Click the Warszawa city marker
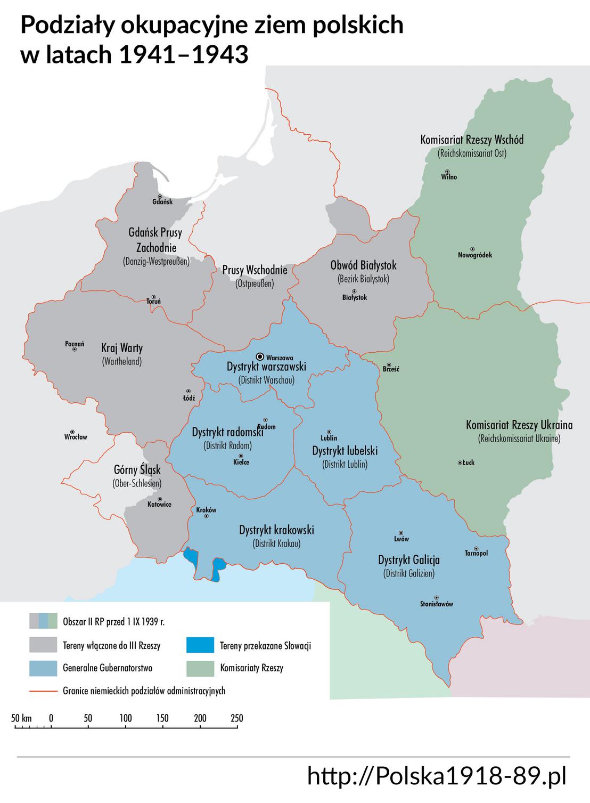pyautogui.click(x=260, y=356)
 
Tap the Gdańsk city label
pyautogui.click(x=162, y=202)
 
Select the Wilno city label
pyautogui.click(x=449, y=177)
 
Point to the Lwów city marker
pyautogui.click(x=401, y=532)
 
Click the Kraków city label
pyautogui.click(x=207, y=509)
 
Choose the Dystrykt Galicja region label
pyautogui.click(x=409, y=560)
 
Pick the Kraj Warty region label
pyautogui.click(x=122, y=348)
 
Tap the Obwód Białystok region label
pyautogui.click(x=363, y=265)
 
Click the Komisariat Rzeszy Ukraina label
pyautogui.click(x=519, y=425)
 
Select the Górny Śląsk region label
pyautogui.click(x=137, y=471)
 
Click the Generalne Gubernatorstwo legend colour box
pyautogui.click(x=43, y=668)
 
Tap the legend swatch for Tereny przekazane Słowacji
pyautogui.click(x=200, y=645)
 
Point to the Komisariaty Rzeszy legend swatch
pyautogui.click(x=200, y=668)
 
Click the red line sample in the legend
pyautogui.click(x=43, y=691)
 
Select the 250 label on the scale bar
pyautogui.click(x=236, y=718)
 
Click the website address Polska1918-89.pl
pyautogui.click(x=437, y=776)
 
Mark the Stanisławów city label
pyautogui.click(x=436, y=604)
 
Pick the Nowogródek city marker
pyautogui.click(x=473, y=249)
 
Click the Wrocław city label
pyautogui.click(x=75, y=437)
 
